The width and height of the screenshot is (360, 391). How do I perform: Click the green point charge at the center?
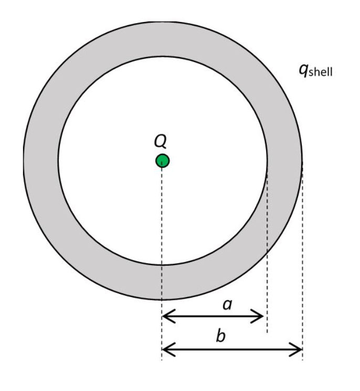point(162,160)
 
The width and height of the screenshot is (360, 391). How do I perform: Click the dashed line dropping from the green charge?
point(162,236)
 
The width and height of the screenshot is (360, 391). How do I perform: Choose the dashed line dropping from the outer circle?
point(303,262)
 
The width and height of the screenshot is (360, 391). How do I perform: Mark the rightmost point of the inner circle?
point(268,160)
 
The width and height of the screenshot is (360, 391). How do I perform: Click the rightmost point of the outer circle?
point(303,160)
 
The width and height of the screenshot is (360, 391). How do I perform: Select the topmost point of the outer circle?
point(163,20)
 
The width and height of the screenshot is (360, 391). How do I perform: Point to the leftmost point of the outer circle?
point(23,160)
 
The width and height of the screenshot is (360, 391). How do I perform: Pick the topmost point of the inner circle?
point(163,56)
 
